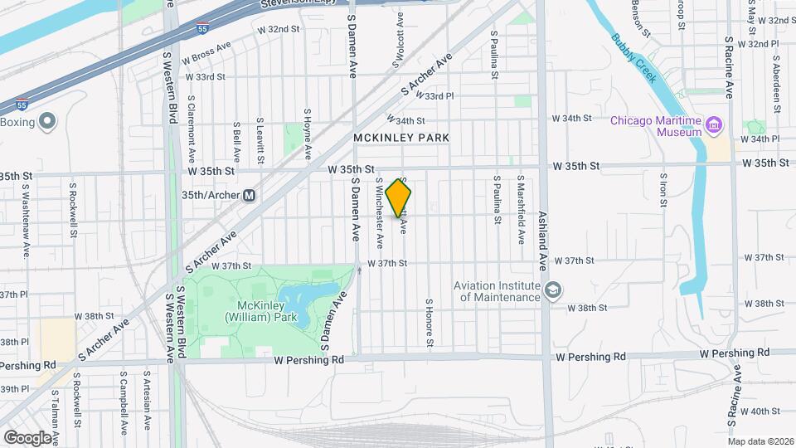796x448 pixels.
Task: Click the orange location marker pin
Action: click(x=399, y=198)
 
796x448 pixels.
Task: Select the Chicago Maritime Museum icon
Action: click(x=714, y=126)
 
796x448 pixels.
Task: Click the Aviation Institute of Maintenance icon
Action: click(x=553, y=290)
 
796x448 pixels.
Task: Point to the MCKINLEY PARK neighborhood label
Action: click(x=400, y=138)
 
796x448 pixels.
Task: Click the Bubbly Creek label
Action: click(x=634, y=57)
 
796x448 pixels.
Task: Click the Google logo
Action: click(x=27, y=437)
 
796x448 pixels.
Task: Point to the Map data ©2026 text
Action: click(x=760, y=441)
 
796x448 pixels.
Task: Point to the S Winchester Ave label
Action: click(x=379, y=212)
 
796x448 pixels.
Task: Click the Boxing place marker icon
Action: click(x=46, y=122)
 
